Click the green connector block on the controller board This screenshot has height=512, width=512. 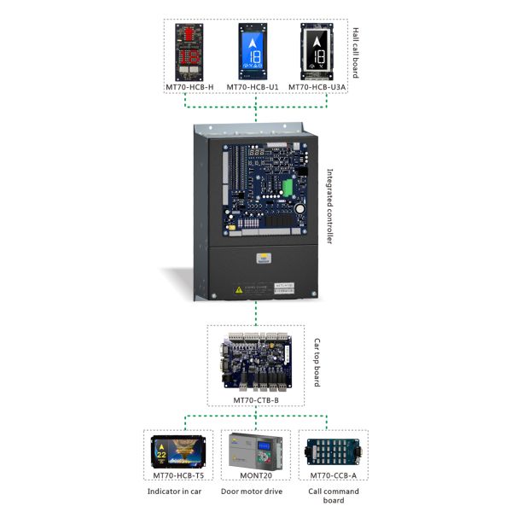tap(288, 187)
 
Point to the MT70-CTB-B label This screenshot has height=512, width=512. tap(256, 399)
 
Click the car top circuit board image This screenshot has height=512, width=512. tap(254, 364)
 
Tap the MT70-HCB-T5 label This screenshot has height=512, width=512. tap(177, 474)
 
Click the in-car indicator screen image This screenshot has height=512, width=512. tap(177, 451)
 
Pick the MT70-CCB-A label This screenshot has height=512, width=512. tap(333, 474)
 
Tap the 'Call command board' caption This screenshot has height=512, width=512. tap(334, 496)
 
